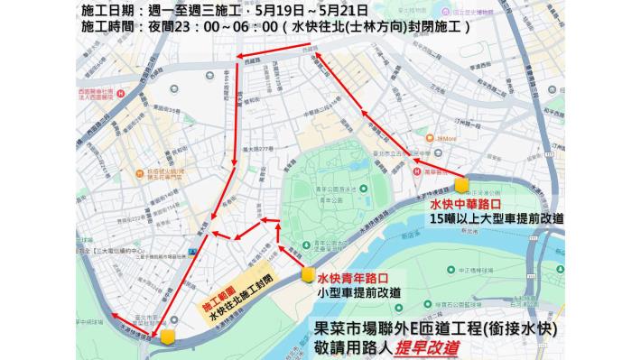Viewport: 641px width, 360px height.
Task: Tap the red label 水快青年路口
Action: [x=351, y=279]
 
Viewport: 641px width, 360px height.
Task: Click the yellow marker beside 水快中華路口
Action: [x=462, y=185]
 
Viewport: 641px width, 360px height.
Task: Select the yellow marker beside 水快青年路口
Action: [x=307, y=275]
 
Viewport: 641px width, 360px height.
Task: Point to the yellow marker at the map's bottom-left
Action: [x=168, y=337]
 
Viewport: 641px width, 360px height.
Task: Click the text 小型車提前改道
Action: [x=359, y=292]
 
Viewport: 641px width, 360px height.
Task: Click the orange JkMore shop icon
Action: [x=431, y=139]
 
